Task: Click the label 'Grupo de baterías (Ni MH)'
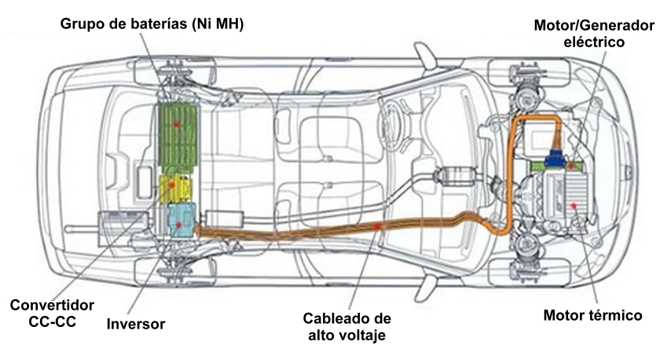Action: pos(152,25)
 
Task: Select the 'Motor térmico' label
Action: pos(593,316)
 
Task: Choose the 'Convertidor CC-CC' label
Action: pos(53,314)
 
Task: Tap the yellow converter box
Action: pos(176,189)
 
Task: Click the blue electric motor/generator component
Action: pos(559,160)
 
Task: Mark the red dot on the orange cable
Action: pos(378,226)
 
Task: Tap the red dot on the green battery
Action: pos(178,124)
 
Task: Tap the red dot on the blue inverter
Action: pos(181,225)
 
